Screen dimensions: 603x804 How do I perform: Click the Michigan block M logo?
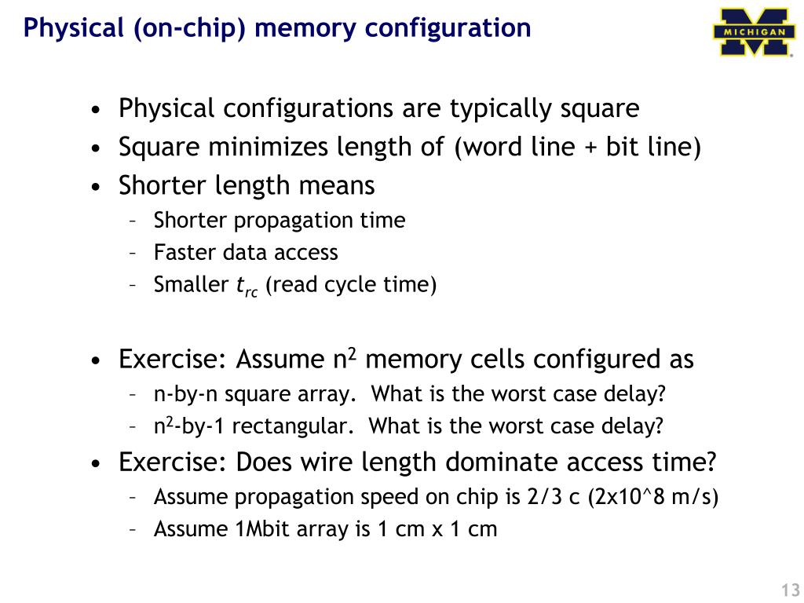pos(751,31)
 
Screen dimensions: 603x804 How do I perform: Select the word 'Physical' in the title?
pos(70,28)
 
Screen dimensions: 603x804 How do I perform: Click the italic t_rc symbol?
pos(247,286)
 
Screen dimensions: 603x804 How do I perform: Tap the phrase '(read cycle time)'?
pos(350,284)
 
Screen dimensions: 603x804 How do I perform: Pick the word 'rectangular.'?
pos(294,426)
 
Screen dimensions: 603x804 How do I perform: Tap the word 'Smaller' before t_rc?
pos(191,284)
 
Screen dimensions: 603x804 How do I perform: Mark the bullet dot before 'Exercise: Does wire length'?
pos(96,464)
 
